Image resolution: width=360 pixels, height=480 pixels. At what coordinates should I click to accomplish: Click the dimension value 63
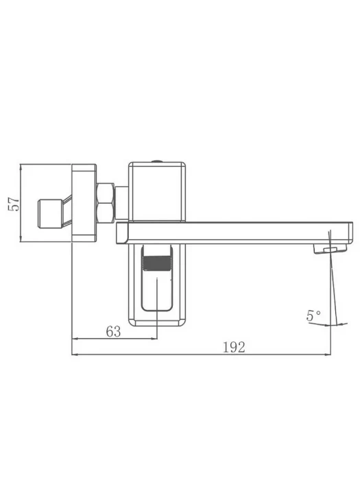[113, 331]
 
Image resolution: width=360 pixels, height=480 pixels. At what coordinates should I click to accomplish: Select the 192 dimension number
[235, 347]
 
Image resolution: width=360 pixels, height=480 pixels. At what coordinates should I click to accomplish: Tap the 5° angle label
[313, 315]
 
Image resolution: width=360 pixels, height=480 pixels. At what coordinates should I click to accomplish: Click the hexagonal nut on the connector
[106, 203]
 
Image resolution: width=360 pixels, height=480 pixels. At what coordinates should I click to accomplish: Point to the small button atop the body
[157, 160]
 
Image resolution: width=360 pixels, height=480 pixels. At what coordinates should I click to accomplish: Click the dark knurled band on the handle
[157, 263]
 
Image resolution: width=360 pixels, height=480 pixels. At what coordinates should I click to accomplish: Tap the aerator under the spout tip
[330, 248]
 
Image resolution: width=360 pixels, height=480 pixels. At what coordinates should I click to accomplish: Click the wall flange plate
[84, 203]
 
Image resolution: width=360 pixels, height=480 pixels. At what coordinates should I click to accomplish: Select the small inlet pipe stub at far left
[50, 214]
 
